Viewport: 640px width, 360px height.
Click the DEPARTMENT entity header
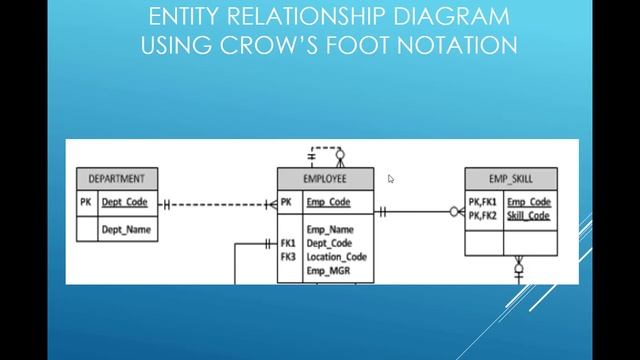116,179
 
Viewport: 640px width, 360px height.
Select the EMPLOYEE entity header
324,179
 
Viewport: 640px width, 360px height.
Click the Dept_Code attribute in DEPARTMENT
124,203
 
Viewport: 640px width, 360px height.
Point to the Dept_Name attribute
125,229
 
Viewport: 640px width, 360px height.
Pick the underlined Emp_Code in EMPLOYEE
328,203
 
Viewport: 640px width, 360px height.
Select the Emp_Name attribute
328,229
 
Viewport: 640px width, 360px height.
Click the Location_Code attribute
336,256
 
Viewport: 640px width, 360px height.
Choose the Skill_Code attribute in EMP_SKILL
528,216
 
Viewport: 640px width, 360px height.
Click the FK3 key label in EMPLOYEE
288,256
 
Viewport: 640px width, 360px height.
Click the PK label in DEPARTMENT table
86,203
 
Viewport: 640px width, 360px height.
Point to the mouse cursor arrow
390,179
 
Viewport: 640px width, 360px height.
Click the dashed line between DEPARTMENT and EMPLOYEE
215,205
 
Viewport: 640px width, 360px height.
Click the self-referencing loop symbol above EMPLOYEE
326,156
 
